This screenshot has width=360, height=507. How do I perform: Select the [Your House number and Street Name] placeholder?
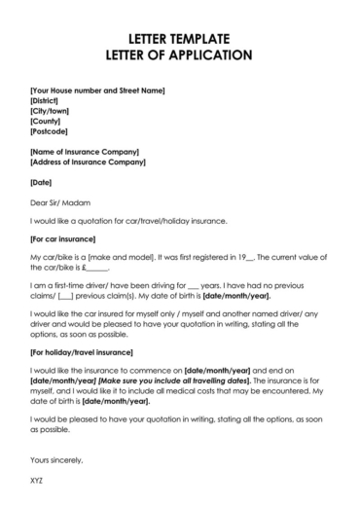[x=97, y=90]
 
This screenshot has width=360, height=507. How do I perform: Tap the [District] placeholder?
[x=46, y=100]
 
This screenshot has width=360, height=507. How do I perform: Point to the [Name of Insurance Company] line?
[x=85, y=152]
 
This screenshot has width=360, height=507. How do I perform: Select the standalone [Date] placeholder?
[x=41, y=182]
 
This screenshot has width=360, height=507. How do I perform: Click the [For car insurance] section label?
[x=64, y=237]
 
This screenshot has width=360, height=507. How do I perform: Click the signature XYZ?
[x=38, y=481]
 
